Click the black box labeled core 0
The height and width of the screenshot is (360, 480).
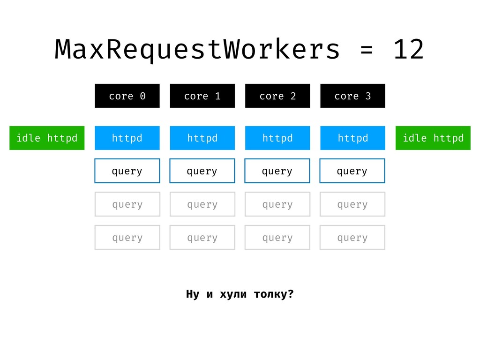coord(127,96)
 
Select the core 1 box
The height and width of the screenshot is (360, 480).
coord(202,96)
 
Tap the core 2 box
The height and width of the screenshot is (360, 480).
coord(277,96)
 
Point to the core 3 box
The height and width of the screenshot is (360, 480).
coord(352,96)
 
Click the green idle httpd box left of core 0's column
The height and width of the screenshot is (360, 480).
coord(47,138)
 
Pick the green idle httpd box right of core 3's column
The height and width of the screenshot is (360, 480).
coord(433,138)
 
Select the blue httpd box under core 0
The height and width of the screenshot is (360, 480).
coord(127,138)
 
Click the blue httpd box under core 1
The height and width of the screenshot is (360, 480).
coord(202,138)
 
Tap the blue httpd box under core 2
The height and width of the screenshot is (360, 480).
coord(277,138)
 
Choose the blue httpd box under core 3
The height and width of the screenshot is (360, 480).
coord(352,138)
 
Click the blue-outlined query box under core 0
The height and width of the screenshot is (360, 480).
coord(127,171)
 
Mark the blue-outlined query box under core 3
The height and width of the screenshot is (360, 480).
coord(352,171)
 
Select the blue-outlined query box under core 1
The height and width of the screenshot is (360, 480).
coord(202,171)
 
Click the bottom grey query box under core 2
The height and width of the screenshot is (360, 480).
coord(277,238)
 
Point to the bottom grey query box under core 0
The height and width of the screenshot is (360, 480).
coord(127,238)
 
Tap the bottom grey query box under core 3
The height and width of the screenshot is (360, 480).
coord(352,238)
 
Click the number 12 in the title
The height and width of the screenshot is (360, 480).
coord(409,49)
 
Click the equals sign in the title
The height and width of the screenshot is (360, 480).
coord(367,50)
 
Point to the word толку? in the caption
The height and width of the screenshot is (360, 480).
coord(274,294)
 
